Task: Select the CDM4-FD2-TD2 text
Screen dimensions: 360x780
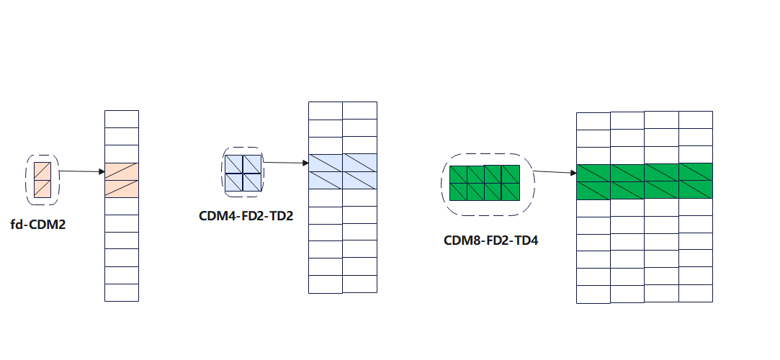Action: tap(246, 215)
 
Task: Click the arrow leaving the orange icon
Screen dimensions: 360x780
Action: tap(81, 172)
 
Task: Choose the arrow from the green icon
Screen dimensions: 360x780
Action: tap(555, 172)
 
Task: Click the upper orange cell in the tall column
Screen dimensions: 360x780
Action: tap(121, 171)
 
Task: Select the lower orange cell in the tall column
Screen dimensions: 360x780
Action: tap(121, 189)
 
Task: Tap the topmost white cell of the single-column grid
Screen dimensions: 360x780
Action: tap(121, 119)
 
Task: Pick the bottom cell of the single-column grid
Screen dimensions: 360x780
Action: tap(121, 292)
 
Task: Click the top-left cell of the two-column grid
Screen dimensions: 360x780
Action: tap(326, 110)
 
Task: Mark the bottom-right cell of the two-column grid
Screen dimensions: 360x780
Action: tap(359, 284)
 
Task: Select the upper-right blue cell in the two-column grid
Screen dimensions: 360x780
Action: tap(359, 163)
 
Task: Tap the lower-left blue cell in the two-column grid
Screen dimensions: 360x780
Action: tap(326, 180)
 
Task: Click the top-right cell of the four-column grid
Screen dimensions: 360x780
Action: tap(695, 120)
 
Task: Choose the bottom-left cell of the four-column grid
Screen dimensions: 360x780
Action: tap(593, 294)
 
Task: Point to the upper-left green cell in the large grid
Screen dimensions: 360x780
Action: tap(593, 172)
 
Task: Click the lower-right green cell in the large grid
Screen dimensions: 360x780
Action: tap(695, 189)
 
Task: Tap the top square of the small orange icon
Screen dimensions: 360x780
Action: tap(42, 171)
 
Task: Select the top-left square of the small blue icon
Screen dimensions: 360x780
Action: tap(233, 164)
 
